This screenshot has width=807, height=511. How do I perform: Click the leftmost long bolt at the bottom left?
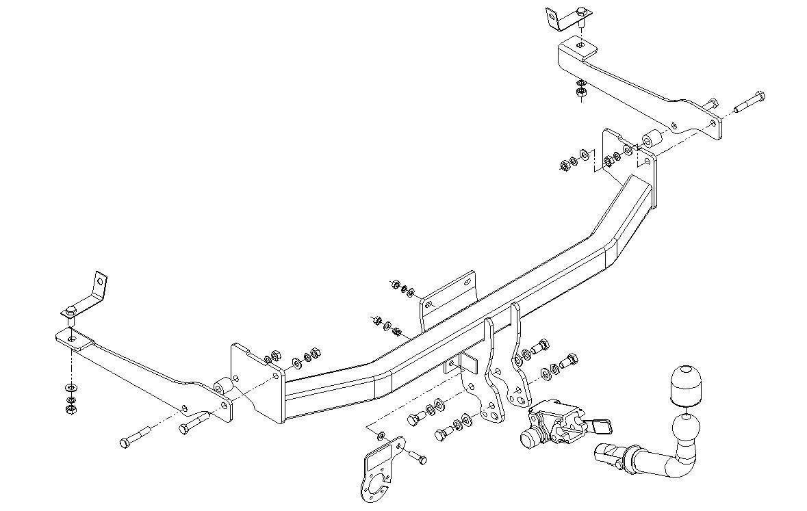point(136,437)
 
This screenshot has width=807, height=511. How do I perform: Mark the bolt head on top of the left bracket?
point(71,313)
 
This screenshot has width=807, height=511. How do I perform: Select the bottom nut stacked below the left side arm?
point(69,409)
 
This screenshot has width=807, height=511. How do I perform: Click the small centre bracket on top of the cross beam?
point(448,294)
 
